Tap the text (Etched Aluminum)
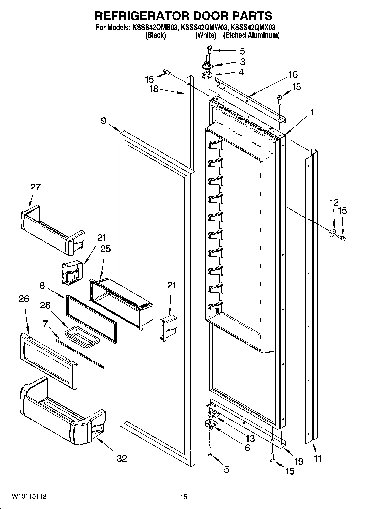[251, 35]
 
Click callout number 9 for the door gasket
[103, 121]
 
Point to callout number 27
[35, 187]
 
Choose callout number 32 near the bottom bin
[122, 458]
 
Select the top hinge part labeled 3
[208, 66]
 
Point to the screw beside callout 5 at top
[210, 51]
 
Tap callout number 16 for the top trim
[293, 74]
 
